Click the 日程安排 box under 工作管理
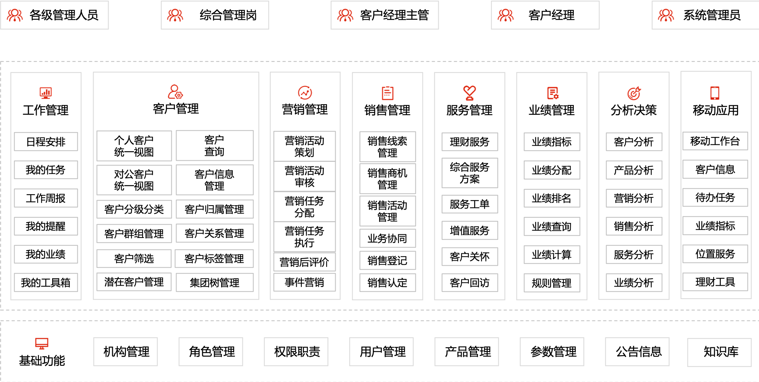(x=46, y=142)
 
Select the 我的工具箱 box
(x=46, y=283)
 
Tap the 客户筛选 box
(x=134, y=258)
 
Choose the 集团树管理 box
(x=214, y=283)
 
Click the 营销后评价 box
(x=304, y=262)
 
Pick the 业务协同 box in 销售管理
(x=387, y=238)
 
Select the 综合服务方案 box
(x=470, y=173)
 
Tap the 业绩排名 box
(x=552, y=198)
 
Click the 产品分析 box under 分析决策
(x=634, y=170)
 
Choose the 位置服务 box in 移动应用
(x=715, y=254)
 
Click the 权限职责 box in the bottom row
(x=296, y=352)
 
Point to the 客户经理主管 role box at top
(x=385, y=15)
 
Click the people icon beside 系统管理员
(x=666, y=15)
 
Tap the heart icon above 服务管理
(x=470, y=93)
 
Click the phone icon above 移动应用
(x=715, y=93)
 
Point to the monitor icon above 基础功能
(x=42, y=343)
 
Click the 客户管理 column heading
(x=176, y=109)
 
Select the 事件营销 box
(x=304, y=282)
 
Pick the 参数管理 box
(x=552, y=352)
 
